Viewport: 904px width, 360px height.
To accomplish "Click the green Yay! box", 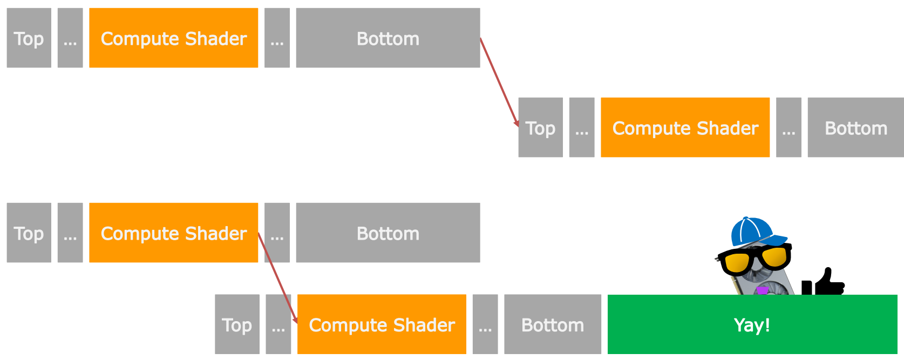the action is click(752, 324).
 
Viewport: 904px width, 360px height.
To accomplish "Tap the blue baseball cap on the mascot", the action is click(755, 232).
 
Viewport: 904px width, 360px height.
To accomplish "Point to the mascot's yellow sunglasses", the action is click(755, 259).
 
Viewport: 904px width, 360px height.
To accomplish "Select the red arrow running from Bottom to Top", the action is click(499, 83).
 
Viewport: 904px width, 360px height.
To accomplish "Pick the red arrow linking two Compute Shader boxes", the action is click(277, 278).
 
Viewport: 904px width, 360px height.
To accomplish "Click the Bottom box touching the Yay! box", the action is click(553, 324).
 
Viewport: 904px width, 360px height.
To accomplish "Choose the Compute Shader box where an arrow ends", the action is click(382, 324).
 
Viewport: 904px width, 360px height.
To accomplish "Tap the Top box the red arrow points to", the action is click(540, 127).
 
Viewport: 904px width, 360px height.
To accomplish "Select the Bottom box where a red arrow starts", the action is click(388, 38).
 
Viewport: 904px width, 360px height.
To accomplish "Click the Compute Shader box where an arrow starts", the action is click(174, 233).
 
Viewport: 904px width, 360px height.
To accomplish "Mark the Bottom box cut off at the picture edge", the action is click(855, 127).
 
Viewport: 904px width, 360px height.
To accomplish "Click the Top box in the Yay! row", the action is click(237, 324).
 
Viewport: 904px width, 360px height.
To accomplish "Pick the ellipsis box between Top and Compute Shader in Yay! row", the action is click(278, 324).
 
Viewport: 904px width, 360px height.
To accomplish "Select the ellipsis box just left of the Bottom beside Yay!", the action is click(485, 324).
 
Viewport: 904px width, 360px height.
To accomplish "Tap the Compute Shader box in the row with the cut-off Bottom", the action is click(685, 127).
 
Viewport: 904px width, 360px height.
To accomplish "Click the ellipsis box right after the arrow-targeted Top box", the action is click(582, 127).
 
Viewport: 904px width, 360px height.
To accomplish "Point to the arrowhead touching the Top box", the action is click(516, 124).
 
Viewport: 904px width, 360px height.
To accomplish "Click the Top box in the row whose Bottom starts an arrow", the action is click(29, 38).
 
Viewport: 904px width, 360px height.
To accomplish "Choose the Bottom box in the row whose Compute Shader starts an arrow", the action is click(388, 233).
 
